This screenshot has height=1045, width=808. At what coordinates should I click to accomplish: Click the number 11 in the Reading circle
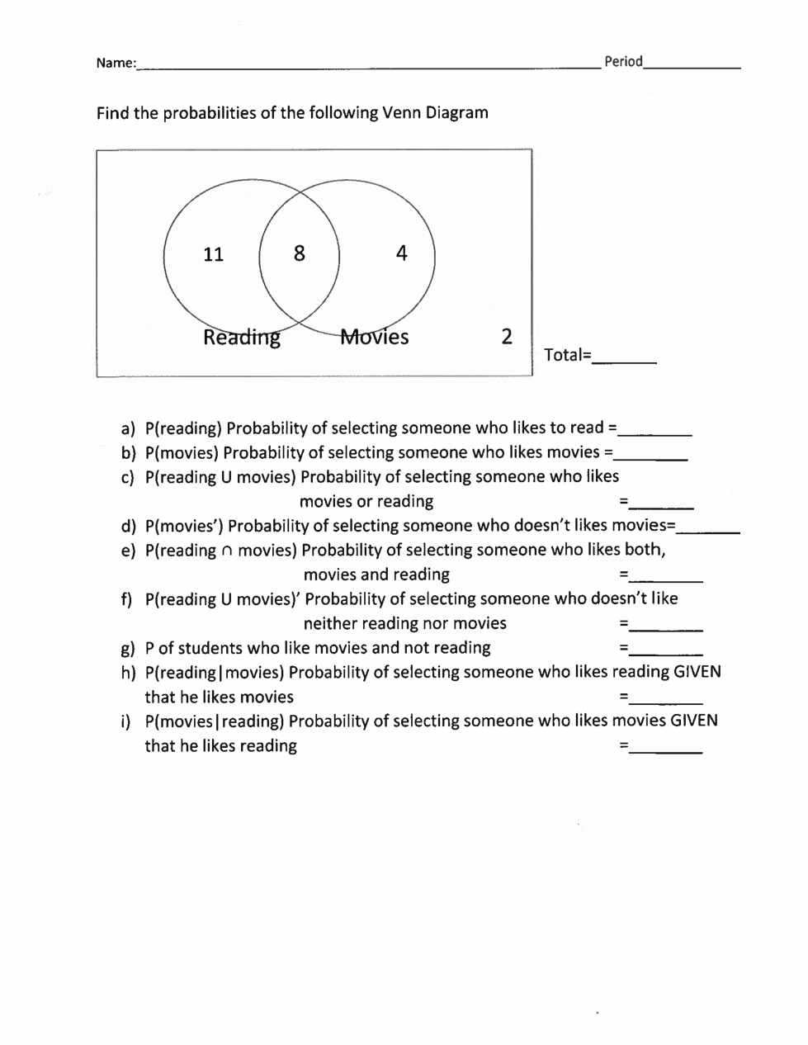[x=213, y=254]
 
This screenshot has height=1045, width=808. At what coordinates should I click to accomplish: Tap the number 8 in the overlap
[x=299, y=253]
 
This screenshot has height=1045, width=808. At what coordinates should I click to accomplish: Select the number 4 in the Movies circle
[x=401, y=253]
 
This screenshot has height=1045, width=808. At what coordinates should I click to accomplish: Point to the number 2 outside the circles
[x=507, y=336]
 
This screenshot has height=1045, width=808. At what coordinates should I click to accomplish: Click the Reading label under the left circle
[x=242, y=338]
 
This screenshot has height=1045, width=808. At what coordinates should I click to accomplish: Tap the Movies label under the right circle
[x=375, y=337]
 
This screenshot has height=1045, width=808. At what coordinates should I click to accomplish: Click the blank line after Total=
[x=625, y=360]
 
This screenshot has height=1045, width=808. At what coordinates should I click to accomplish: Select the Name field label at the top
[x=116, y=63]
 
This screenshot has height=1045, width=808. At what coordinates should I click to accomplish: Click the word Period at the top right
[x=623, y=61]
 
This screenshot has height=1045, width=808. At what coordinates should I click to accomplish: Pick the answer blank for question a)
[x=655, y=432]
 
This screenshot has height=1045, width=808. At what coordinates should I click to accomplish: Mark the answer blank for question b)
[x=651, y=456]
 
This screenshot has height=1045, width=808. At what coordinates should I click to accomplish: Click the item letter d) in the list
[x=128, y=526]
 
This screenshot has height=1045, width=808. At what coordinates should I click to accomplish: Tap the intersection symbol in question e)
[x=227, y=551]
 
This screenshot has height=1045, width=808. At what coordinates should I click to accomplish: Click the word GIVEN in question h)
[x=697, y=672]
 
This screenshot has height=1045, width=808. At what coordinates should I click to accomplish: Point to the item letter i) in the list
[x=126, y=721]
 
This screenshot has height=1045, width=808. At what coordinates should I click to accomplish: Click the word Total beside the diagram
[x=564, y=355]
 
